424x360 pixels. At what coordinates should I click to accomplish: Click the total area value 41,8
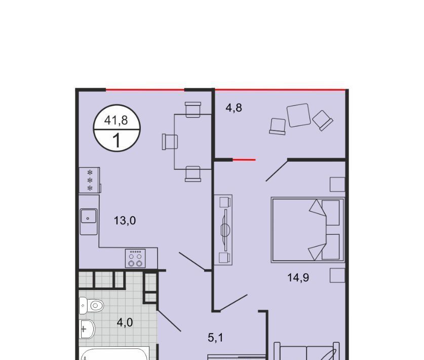[x=116, y=120]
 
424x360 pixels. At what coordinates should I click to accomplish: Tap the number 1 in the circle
[x=117, y=140]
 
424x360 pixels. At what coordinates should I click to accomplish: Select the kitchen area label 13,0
[x=125, y=221]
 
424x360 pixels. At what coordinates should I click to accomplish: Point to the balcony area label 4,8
[x=234, y=107]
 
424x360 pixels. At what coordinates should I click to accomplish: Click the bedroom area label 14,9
[x=298, y=277]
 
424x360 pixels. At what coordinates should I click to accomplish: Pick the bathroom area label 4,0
[x=125, y=322]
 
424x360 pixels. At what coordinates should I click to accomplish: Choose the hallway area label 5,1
[x=215, y=338]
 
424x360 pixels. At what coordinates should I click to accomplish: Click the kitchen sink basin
[x=89, y=217]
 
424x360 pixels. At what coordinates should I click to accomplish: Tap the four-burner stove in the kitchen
[x=135, y=258]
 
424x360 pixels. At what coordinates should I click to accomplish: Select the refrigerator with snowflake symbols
[x=90, y=180]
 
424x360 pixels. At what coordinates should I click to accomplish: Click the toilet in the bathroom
[x=91, y=306]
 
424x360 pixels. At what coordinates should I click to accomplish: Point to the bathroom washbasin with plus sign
[x=87, y=329]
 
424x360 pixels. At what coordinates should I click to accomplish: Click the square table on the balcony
[x=298, y=115]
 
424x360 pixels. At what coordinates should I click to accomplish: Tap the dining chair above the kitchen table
[x=193, y=110]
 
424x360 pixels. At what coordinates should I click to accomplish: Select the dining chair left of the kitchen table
[x=170, y=141]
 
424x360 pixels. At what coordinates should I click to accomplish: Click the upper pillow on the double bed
[x=330, y=212]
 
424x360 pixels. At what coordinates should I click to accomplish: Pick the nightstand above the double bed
[x=337, y=185]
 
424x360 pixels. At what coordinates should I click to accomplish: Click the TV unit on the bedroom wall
[x=223, y=230]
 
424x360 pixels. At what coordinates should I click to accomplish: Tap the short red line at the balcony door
[x=244, y=160]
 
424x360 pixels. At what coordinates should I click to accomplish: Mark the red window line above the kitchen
[x=145, y=90]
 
